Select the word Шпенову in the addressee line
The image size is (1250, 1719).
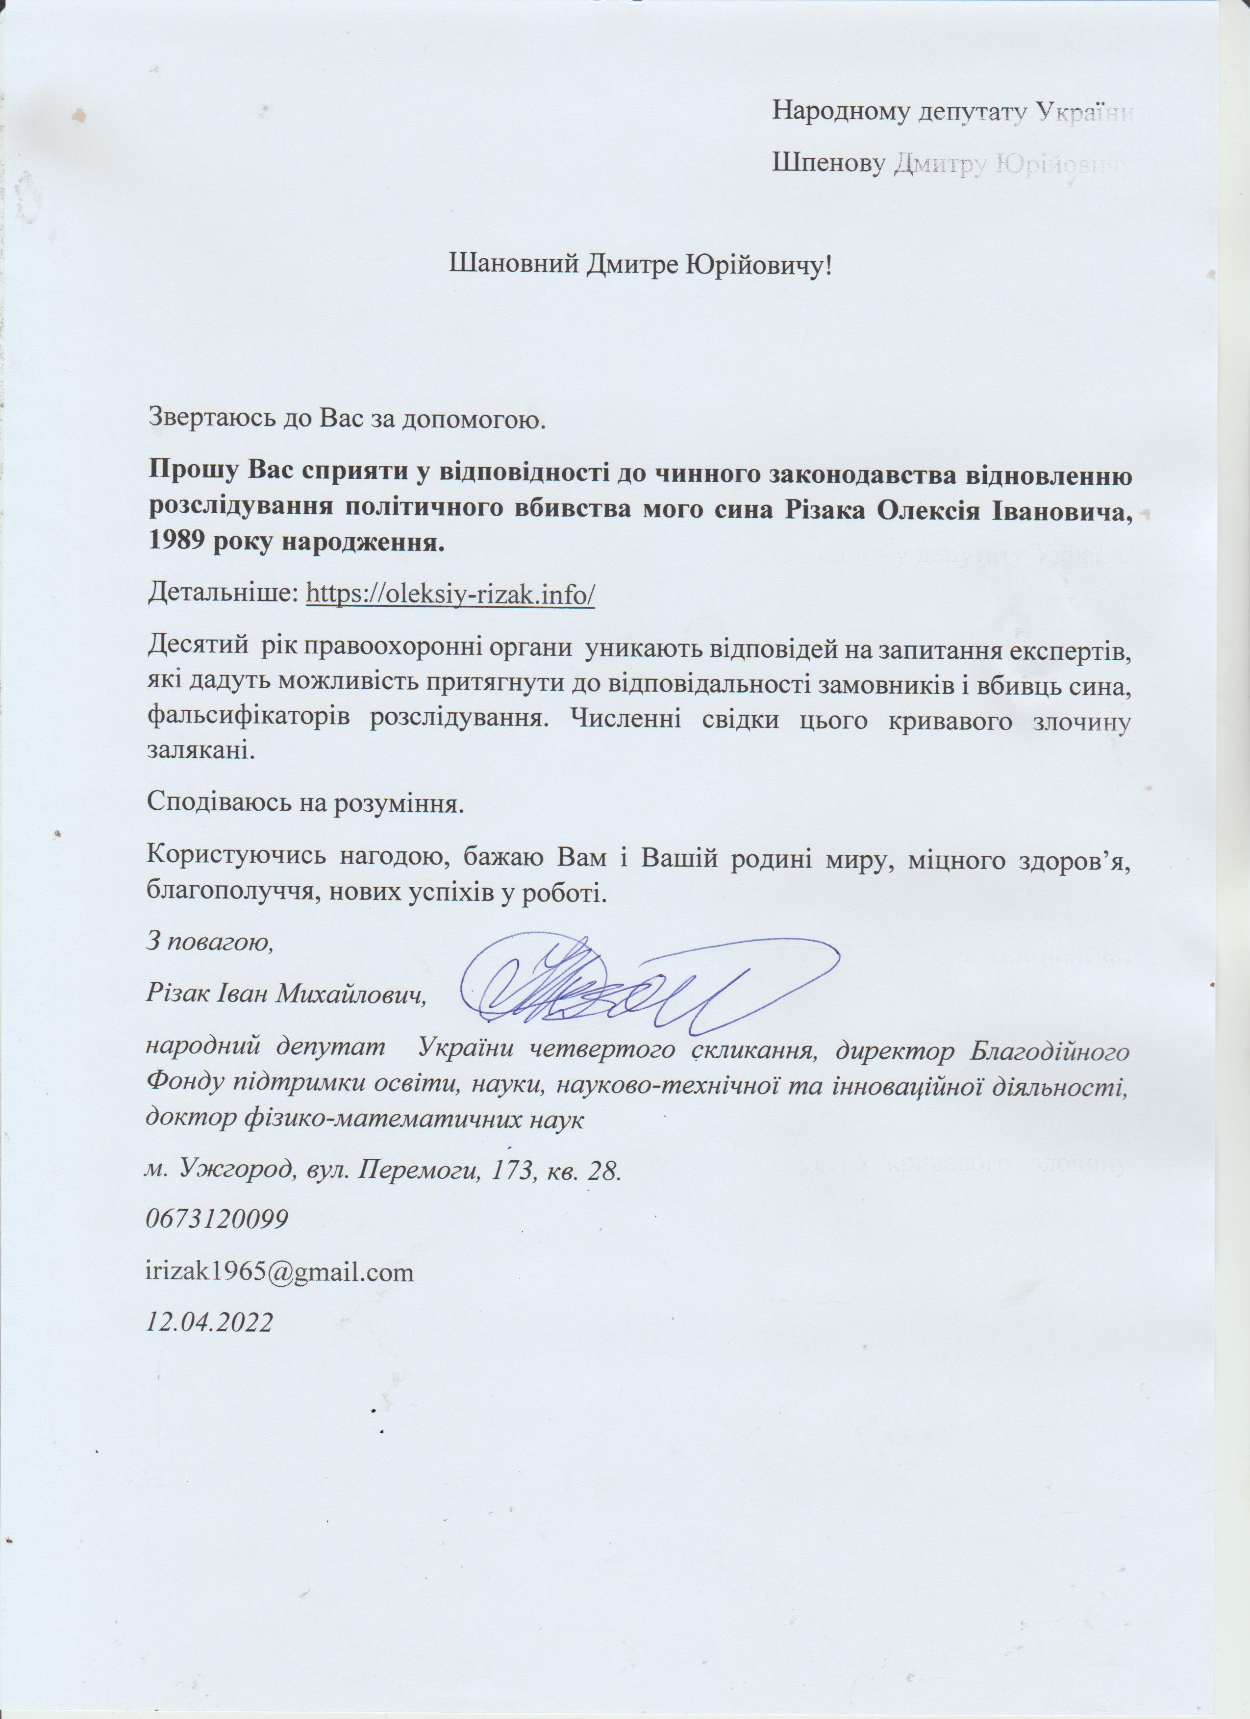click(829, 163)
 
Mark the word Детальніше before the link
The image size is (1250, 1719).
click(221, 594)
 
